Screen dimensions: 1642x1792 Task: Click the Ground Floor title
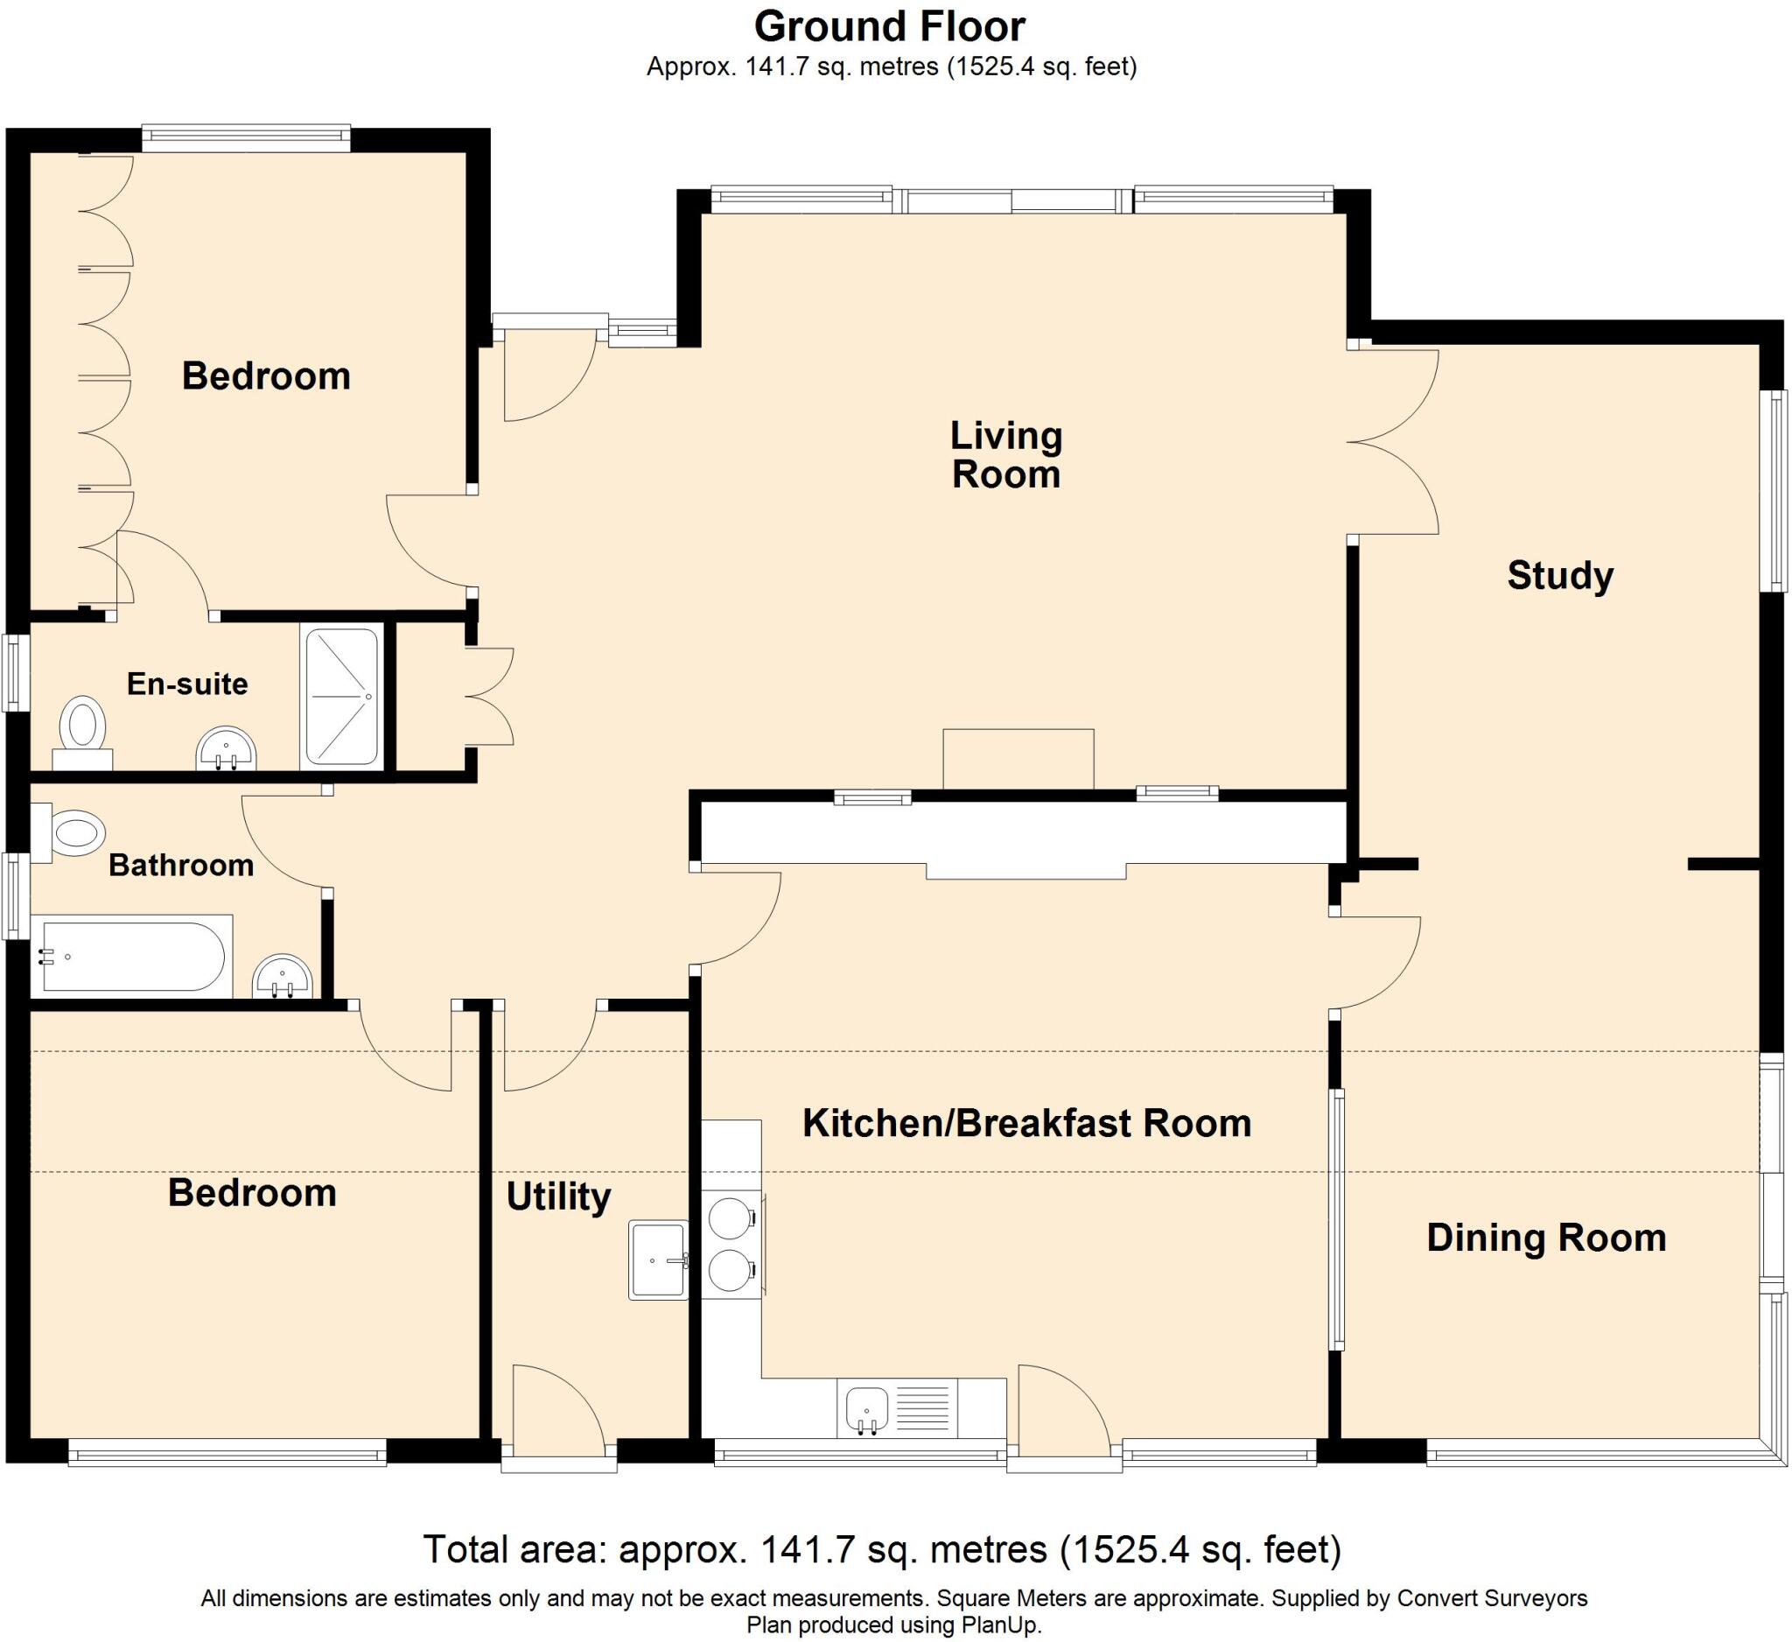point(890,26)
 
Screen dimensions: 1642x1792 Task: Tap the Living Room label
point(1005,454)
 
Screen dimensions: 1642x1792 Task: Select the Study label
point(1560,575)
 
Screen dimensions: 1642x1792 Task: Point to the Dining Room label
point(1546,1238)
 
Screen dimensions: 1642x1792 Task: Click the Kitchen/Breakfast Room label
point(1026,1123)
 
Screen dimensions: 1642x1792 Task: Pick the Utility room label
point(558,1196)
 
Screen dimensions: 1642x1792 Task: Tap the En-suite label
point(186,684)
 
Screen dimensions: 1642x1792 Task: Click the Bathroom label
point(181,865)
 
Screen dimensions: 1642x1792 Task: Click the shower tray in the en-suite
point(342,697)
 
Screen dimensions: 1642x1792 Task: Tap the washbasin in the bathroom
point(283,976)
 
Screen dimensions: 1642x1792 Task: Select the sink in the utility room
point(659,1260)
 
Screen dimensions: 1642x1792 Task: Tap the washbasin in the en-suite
point(226,747)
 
